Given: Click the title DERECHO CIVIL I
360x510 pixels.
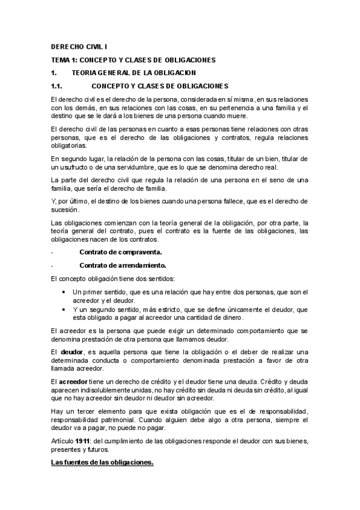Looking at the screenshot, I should (79, 46).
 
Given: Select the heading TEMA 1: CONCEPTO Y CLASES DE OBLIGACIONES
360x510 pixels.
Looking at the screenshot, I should (133, 60).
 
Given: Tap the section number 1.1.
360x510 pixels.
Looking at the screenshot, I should (58, 86).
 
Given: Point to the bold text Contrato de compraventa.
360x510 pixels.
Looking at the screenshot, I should (120, 251).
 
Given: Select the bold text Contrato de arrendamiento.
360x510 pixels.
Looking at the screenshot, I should (122, 265).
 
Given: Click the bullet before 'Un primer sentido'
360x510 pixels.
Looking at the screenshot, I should (64, 292).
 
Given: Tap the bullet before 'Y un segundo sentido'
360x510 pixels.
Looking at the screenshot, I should (64, 309).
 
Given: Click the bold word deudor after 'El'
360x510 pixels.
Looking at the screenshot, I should (72, 351).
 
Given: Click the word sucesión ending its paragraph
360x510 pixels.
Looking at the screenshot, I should (65, 210).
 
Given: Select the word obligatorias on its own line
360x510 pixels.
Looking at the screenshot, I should (69, 146).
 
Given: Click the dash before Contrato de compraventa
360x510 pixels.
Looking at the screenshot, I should (52, 251).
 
